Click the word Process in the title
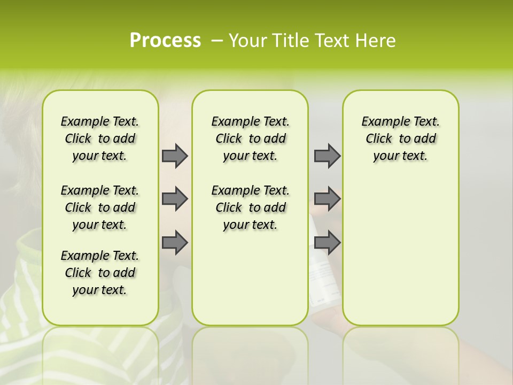click(165, 40)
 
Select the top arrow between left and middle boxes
click(175, 156)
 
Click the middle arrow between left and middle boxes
click(175, 199)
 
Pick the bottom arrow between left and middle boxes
click(175, 242)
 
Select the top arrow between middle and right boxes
click(327, 156)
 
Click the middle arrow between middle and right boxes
click(327, 199)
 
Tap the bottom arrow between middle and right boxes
click(327, 242)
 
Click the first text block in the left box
click(100, 138)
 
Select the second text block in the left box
click(100, 207)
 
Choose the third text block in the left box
click(100, 273)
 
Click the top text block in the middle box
click(250, 138)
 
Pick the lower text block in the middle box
click(250, 207)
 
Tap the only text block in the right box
click(400, 138)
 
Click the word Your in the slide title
click(245, 41)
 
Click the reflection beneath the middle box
click(250, 353)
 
